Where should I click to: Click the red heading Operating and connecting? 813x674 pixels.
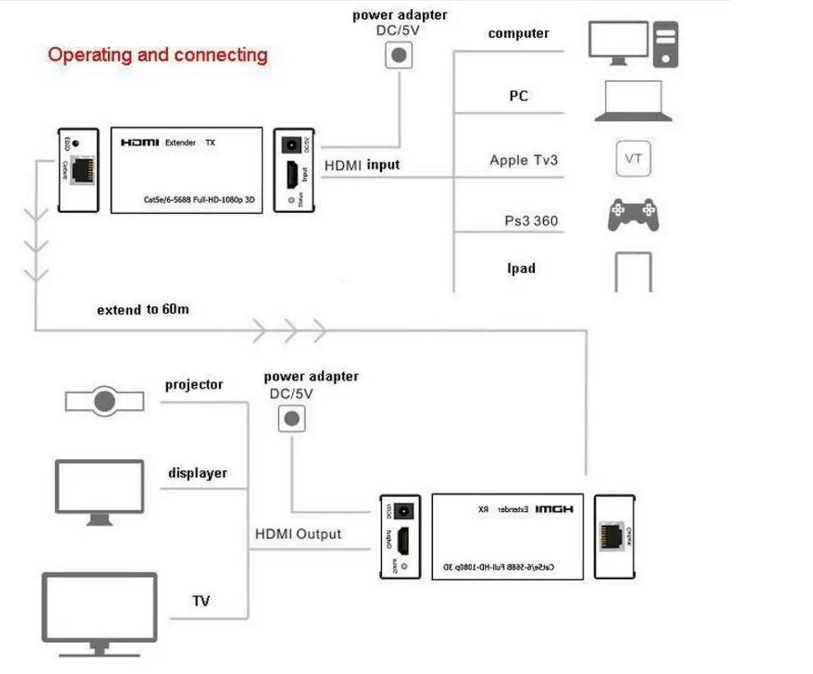(x=158, y=55)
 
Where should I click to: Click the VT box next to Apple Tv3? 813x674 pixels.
(x=633, y=159)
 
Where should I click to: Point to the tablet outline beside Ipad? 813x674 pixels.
(x=633, y=272)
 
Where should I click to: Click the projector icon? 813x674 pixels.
(x=104, y=401)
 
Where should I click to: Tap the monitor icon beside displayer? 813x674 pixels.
(x=100, y=492)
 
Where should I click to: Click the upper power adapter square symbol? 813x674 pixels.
(x=399, y=54)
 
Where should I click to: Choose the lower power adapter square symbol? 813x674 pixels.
(x=290, y=418)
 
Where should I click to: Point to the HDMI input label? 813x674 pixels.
(x=361, y=165)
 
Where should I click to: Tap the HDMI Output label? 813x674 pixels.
(x=297, y=534)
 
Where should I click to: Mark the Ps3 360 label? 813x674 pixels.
(x=532, y=221)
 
